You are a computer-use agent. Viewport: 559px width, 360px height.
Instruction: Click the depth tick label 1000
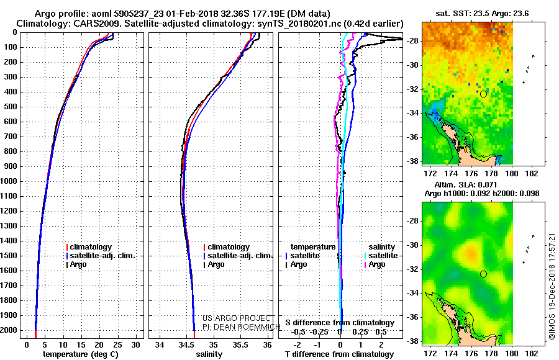9,181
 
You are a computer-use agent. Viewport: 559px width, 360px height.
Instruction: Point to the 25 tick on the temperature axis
117,344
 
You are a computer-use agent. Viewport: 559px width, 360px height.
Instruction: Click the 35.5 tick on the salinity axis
240,344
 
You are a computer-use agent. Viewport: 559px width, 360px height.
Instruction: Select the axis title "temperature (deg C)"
81,354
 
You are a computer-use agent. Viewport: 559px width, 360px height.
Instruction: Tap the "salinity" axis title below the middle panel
209,354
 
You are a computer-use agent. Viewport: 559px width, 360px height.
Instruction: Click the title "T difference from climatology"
339,354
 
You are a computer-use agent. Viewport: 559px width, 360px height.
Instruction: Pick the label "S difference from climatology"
340,323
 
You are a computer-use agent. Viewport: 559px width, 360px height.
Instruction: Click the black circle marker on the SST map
483,94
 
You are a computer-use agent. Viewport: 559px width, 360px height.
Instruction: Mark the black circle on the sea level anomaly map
483,274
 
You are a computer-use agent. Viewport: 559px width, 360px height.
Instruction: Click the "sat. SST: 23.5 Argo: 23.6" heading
482,14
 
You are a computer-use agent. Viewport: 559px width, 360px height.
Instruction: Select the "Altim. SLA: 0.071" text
466,184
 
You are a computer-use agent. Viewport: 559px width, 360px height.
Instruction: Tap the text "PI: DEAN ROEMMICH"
242,327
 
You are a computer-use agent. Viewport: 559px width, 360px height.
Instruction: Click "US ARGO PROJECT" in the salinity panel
237,318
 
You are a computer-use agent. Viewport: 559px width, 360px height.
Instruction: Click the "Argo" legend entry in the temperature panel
76,264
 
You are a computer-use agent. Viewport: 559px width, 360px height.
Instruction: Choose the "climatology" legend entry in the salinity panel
226,247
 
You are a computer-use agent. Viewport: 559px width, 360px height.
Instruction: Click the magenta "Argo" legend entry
375,264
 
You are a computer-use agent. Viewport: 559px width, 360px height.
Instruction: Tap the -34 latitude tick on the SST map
412,113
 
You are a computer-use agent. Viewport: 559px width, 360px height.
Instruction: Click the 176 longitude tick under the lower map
471,353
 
